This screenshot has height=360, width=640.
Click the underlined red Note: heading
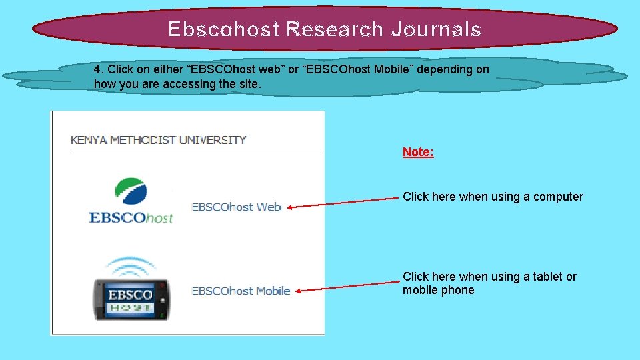[418, 152]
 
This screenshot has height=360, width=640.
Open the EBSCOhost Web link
[236, 207]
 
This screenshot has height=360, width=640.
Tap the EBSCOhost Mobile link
[241, 291]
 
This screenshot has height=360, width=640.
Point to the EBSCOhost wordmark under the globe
[131, 217]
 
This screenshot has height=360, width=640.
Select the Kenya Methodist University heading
[159, 140]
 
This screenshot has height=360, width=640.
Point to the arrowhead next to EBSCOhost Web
[291, 207]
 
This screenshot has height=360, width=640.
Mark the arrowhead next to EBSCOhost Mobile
[298, 291]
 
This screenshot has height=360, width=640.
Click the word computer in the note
[558, 197]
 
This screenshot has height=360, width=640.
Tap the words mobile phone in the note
[438, 290]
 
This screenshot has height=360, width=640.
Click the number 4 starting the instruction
[97, 69]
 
